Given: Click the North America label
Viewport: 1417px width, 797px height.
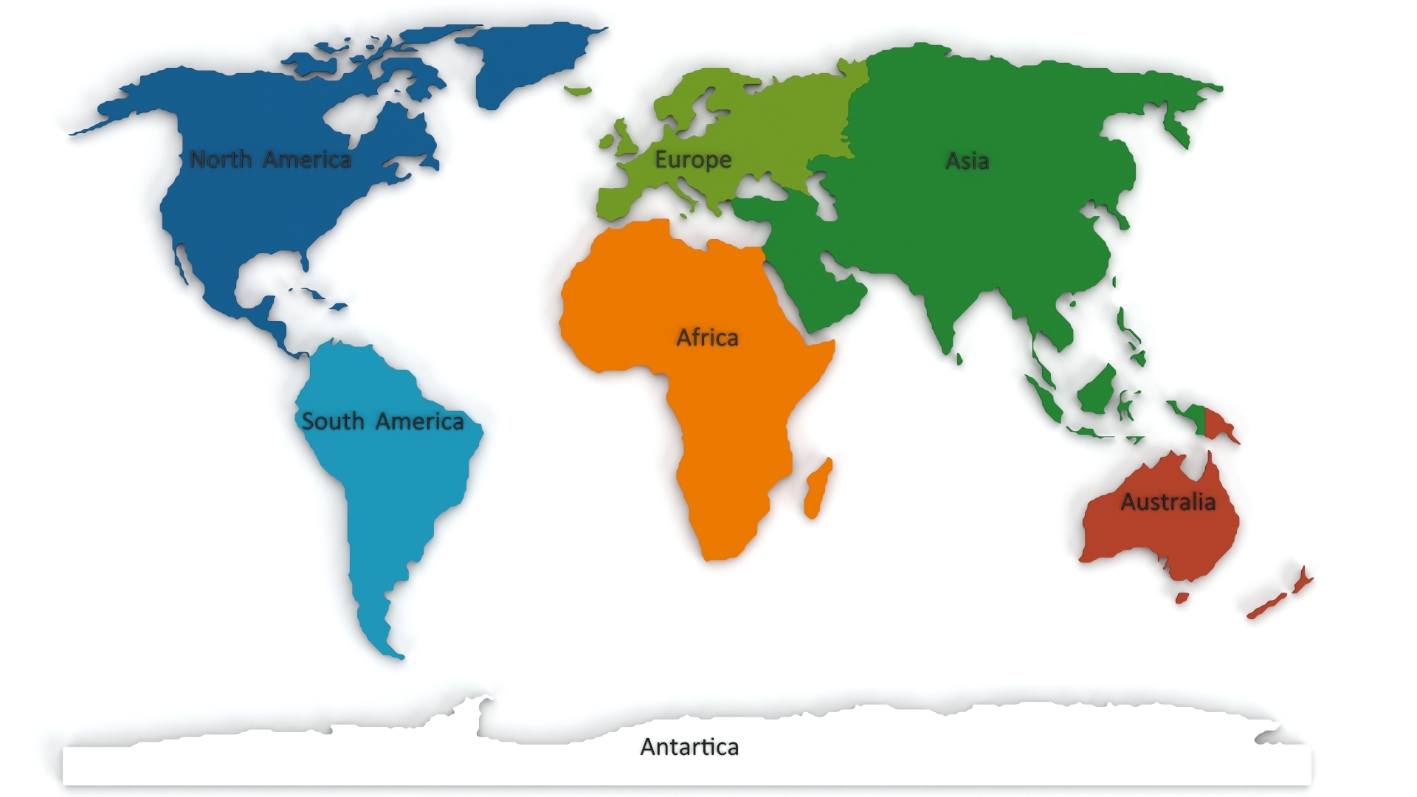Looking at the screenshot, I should tap(270, 159).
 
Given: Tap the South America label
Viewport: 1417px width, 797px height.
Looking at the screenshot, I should tap(382, 421).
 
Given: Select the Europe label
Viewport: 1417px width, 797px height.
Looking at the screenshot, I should tap(693, 159).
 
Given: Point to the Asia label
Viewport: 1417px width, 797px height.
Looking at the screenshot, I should tap(967, 161).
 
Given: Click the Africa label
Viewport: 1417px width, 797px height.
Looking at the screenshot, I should tap(707, 338).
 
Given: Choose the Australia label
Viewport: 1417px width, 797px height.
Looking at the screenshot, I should tap(1168, 503).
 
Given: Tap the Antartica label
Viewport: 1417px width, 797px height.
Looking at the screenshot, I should tap(689, 747).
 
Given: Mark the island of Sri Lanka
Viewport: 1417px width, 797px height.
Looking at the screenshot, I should tap(959, 359).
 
